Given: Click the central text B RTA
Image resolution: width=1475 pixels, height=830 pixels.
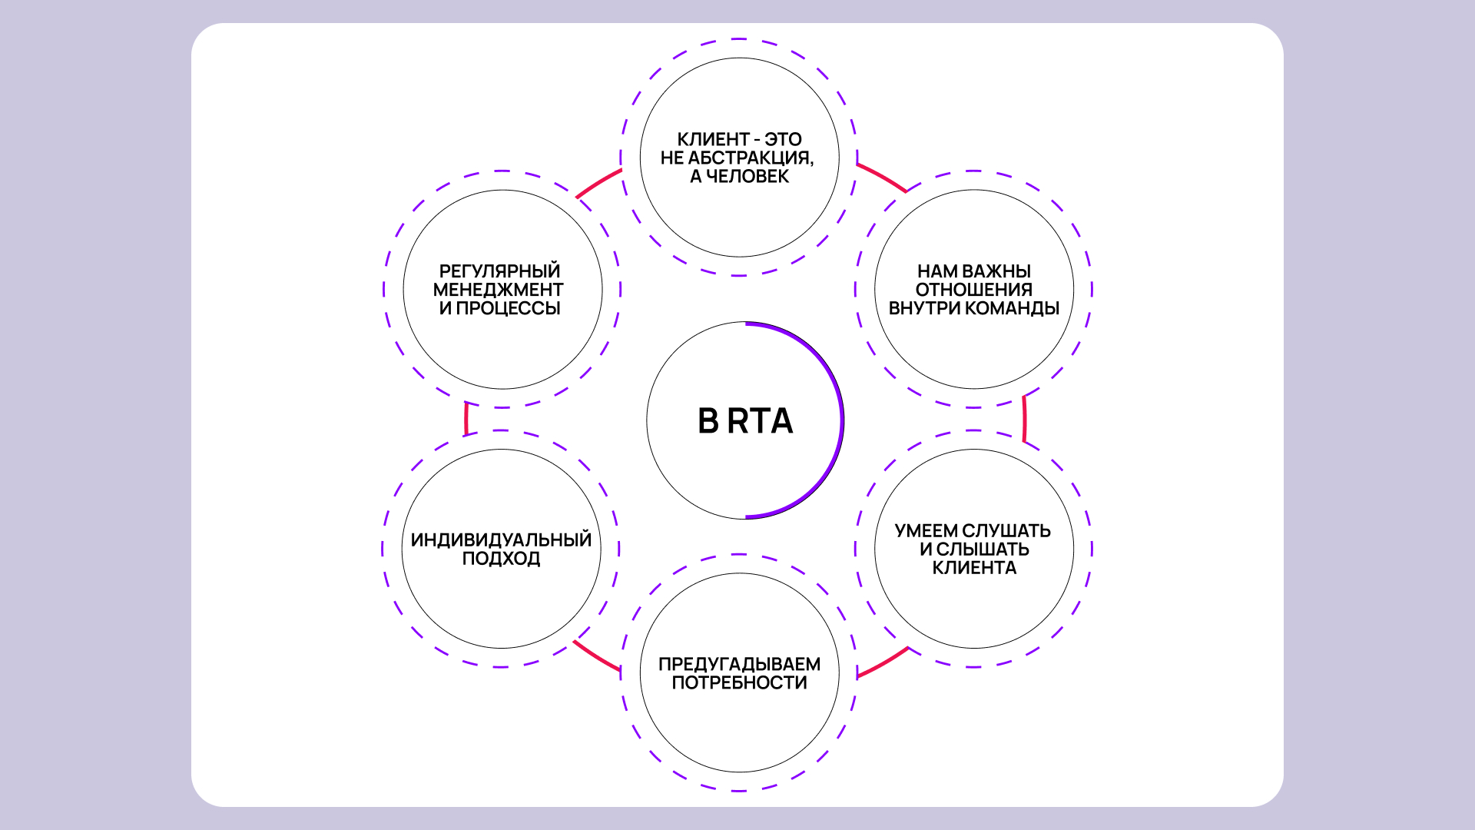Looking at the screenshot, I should (x=744, y=421).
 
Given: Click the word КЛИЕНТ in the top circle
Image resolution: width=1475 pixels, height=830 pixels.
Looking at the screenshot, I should (x=713, y=140).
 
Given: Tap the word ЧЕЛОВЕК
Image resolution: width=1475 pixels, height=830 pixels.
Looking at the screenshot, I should (x=747, y=177).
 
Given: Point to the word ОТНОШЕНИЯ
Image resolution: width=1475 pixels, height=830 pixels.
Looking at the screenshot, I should (x=973, y=290).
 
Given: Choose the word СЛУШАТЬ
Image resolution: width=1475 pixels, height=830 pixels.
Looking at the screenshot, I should (x=1006, y=531).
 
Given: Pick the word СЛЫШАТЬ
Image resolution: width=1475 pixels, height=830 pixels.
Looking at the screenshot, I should (x=983, y=549).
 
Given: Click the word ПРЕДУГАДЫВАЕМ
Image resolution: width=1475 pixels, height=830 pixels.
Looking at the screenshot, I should (x=739, y=664).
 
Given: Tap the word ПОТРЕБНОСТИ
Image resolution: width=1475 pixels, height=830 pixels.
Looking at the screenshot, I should (x=739, y=682).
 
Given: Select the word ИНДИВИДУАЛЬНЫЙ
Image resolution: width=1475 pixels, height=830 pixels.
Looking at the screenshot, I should (x=501, y=540).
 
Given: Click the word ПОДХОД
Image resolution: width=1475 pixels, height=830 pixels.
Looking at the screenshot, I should (x=501, y=559).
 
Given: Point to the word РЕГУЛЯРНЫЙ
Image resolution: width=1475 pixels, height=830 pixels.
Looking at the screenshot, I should (x=499, y=271).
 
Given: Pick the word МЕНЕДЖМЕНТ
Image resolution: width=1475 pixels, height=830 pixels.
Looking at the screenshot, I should (x=498, y=290).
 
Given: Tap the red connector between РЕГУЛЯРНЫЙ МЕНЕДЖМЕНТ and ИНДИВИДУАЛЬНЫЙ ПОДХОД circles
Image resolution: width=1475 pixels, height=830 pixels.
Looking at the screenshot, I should (x=466, y=419).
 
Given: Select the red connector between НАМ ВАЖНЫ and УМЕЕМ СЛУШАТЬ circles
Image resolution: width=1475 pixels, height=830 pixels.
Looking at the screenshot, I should (x=1024, y=419).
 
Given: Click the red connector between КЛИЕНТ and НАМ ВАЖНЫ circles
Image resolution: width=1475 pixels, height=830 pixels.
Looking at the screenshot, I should (x=882, y=177).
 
